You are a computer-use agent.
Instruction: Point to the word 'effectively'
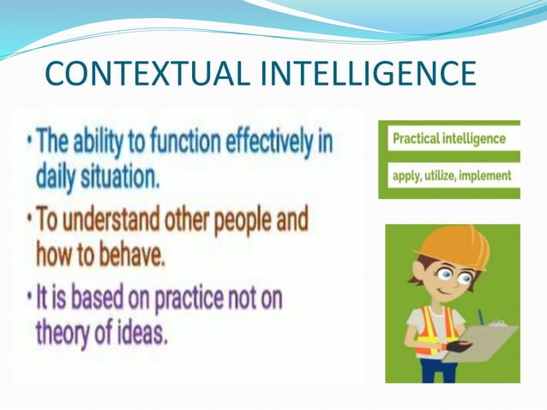click(x=272, y=142)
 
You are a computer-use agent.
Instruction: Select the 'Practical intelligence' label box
click(x=448, y=137)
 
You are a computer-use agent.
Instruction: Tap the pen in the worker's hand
click(x=480, y=317)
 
